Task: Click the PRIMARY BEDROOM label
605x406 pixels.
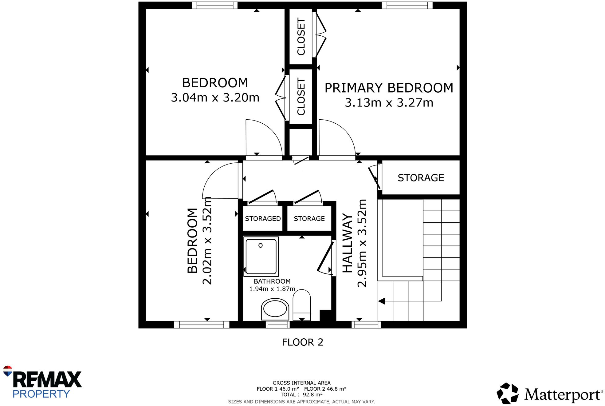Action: [389, 88]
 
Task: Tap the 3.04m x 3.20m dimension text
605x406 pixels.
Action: [215, 98]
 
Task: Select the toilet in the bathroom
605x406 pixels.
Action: [301, 304]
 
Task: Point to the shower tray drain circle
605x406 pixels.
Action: [261, 245]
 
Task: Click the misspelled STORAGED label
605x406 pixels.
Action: [263, 219]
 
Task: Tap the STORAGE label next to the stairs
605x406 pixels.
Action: [421, 178]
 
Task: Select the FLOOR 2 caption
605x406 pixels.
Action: [302, 342]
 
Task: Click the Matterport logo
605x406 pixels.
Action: [549, 393]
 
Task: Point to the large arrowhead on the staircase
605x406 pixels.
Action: [382, 301]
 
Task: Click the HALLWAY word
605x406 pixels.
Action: [348, 243]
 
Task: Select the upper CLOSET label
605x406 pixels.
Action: [301, 37]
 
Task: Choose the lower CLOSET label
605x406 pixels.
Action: [301, 97]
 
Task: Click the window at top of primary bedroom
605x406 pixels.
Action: [407, 5]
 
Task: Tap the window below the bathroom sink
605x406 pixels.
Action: [277, 324]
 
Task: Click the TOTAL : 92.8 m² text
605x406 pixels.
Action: [301, 395]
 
